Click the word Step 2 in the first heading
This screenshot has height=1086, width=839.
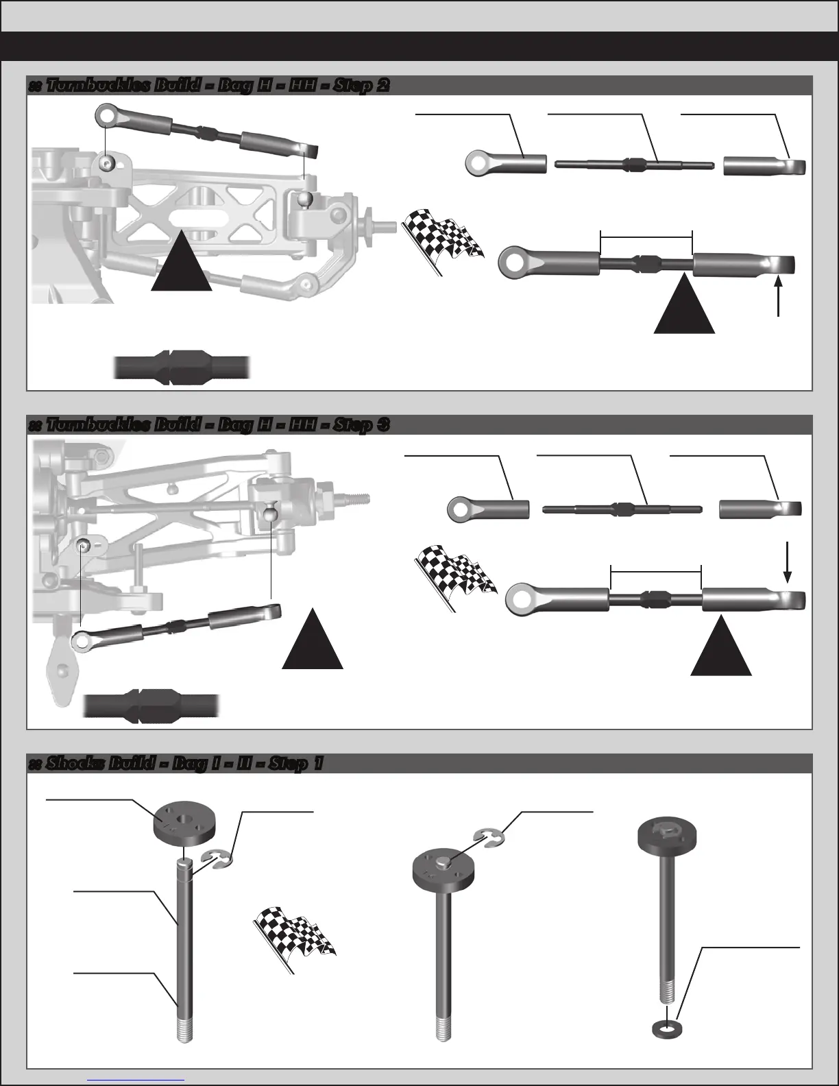tap(366, 86)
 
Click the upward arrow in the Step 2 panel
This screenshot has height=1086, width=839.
tap(779, 295)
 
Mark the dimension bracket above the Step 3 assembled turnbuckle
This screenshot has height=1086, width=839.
tap(656, 569)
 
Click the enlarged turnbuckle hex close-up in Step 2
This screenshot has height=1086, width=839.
tap(182, 367)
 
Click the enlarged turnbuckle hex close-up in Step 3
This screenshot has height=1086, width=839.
tap(151, 705)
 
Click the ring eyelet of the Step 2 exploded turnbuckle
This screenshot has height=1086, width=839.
tap(478, 163)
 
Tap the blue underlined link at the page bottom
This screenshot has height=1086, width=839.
tap(136, 1079)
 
